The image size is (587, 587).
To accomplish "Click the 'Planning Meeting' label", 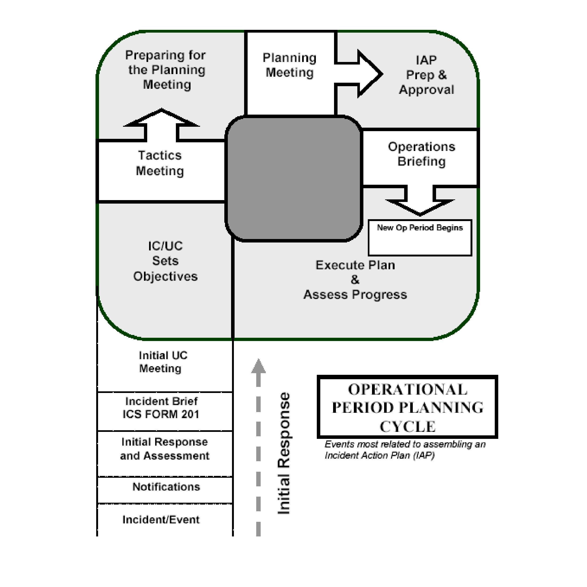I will (x=289, y=65).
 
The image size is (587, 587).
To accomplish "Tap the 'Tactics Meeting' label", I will (x=160, y=163).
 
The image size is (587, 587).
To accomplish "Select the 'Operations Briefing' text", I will (x=421, y=154).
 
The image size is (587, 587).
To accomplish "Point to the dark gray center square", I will (x=293, y=178).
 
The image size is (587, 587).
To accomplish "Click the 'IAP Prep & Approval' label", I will (x=426, y=75).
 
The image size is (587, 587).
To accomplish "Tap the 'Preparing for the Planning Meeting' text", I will (x=166, y=70).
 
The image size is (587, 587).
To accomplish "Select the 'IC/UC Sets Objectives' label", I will (x=165, y=261).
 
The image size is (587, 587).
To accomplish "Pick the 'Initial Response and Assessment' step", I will (x=164, y=449).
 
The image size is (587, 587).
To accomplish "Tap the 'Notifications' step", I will (x=166, y=487).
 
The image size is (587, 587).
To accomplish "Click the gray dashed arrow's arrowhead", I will (x=258, y=366).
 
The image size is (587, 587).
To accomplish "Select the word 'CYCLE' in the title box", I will (x=407, y=427).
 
